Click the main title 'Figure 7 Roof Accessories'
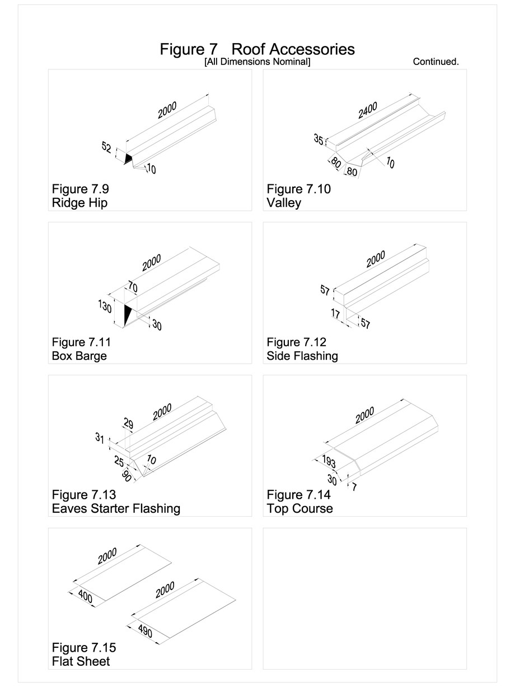coord(257,49)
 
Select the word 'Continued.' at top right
coord(436,62)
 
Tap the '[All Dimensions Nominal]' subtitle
coord(257,62)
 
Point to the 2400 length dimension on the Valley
coord(368,110)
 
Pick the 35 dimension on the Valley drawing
coord(319,140)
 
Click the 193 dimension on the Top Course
coord(329,462)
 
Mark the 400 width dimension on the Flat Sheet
coord(86,596)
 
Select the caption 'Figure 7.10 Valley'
coord(298,196)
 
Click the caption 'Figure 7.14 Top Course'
coord(299,502)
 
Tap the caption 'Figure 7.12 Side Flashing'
coord(302,349)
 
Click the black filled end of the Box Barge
coord(128,314)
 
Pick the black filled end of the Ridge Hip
coord(129,159)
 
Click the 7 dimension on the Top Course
coord(354,487)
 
